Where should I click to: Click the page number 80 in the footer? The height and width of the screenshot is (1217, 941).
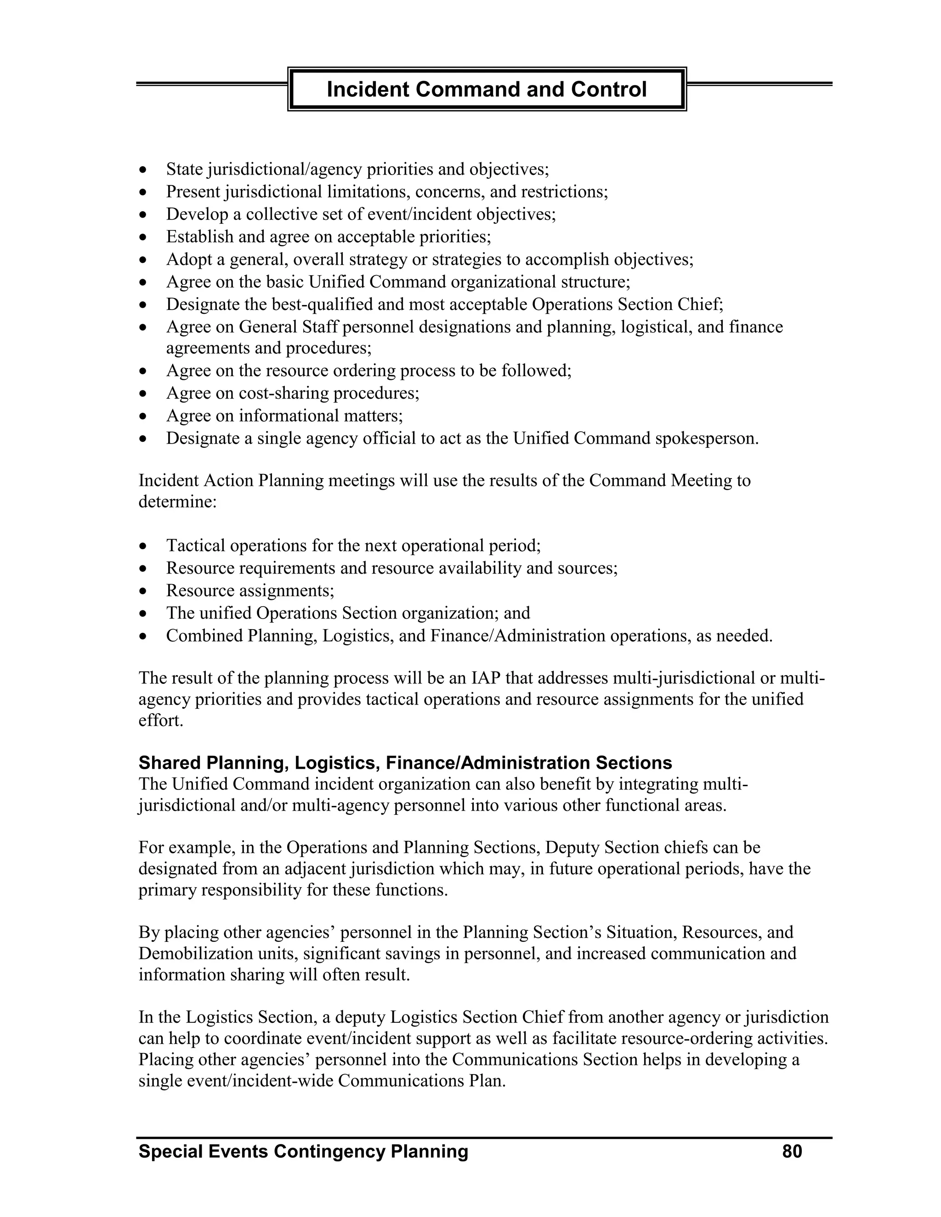[x=792, y=1151]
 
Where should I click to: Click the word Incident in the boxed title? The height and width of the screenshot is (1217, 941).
[x=368, y=89]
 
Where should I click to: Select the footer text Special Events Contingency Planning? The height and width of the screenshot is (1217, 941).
[x=303, y=1151]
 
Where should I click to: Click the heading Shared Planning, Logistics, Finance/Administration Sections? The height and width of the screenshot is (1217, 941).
[x=405, y=762]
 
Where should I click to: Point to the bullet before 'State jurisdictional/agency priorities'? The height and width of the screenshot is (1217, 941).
[x=144, y=169]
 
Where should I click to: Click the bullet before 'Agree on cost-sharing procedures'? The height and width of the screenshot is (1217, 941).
[x=144, y=394]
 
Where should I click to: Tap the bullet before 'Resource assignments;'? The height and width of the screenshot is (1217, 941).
[x=144, y=591]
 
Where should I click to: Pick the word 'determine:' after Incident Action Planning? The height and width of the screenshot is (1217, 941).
[x=177, y=501]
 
